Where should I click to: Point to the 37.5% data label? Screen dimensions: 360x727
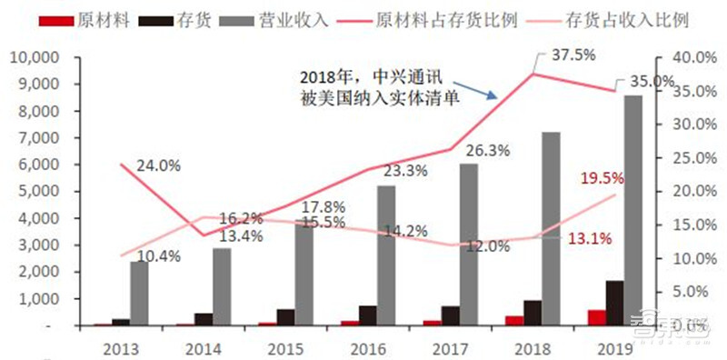click(573, 55)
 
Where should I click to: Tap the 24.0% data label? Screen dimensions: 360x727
click(158, 166)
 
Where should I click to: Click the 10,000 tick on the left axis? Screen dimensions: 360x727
click(33, 57)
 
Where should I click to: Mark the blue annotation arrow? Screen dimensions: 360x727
click(483, 87)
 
